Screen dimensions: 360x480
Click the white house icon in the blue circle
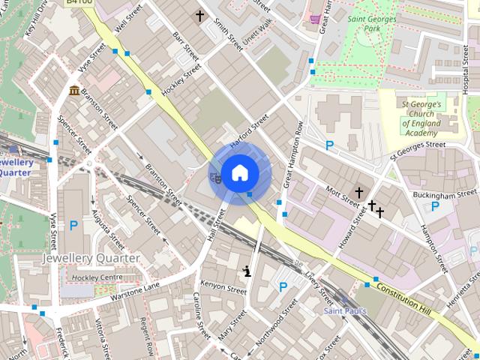pos(239,173)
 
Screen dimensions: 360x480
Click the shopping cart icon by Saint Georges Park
pos(315,17)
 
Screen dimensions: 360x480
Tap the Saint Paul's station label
pos(344,310)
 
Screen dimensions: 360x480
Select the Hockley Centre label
pos(97,277)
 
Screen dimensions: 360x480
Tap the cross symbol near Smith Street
pos(200,15)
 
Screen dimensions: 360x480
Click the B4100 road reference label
pos(79,3)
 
